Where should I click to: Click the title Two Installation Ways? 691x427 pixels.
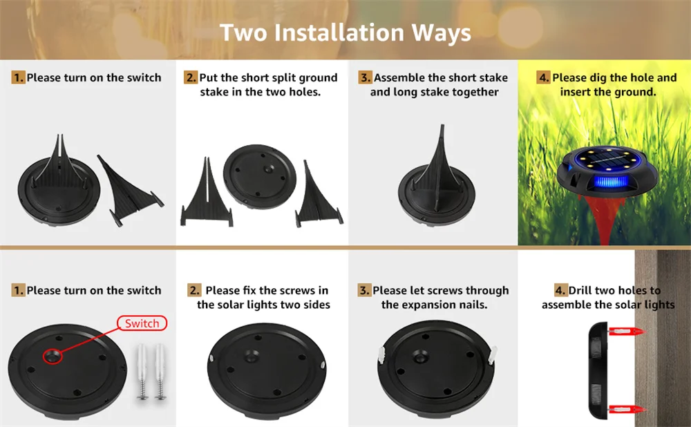pyautogui.click(x=345, y=32)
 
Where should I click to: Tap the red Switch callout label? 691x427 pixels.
pyautogui.click(x=142, y=323)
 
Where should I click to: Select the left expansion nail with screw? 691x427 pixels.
pyautogui.click(x=142, y=372)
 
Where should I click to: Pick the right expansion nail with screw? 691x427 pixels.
pyautogui.click(x=160, y=372)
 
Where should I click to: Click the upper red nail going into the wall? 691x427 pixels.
pyautogui.click(x=627, y=332)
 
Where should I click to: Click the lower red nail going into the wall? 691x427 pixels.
pyautogui.click(x=627, y=409)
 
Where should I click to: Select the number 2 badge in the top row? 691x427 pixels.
pyautogui.click(x=191, y=77)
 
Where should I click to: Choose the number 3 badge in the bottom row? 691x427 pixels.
pyautogui.click(x=364, y=290)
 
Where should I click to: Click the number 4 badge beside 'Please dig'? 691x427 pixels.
pyautogui.click(x=544, y=77)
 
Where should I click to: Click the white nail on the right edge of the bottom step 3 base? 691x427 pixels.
pyautogui.click(x=493, y=354)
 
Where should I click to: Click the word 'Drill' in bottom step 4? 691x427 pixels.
pyautogui.click(x=580, y=290)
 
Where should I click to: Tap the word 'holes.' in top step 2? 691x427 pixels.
pyautogui.click(x=305, y=92)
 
